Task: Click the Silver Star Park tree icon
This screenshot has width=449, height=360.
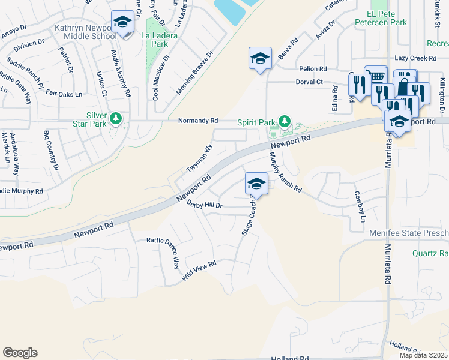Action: pos(114,118)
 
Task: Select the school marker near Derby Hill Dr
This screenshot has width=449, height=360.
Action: pos(256,184)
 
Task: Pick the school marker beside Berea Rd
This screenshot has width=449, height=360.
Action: pos(260,59)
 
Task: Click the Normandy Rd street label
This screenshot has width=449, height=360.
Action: pos(197,121)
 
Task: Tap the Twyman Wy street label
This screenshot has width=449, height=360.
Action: pos(200,158)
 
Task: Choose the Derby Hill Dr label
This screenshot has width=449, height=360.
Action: pos(204,205)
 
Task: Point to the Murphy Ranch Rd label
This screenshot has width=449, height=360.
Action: pos(285,172)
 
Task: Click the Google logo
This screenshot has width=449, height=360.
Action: pos(20,353)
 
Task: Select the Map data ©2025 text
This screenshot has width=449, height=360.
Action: pos(423,355)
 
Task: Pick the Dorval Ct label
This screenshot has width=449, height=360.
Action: pos(309,82)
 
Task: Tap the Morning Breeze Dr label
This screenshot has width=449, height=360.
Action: pos(195,73)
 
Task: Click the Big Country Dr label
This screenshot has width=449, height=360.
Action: pos(53,148)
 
